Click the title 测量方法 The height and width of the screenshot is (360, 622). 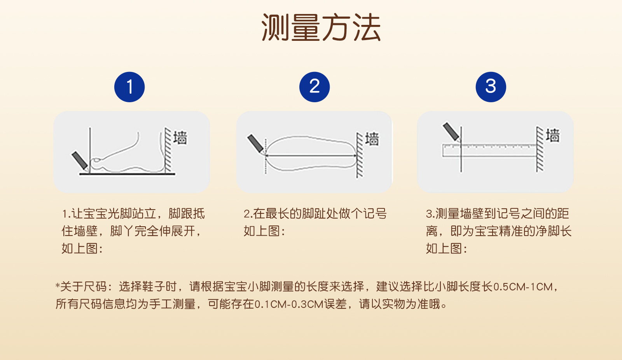pyautogui.click(x=321, y=28)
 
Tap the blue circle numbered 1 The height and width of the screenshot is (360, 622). pyautogui.click(x=129, y=87)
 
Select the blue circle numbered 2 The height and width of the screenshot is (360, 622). pyautogui.click(x=314, y=87)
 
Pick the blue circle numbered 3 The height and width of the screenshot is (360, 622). pyautogui.click(x=491, y=87)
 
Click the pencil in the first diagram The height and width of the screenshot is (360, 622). pyautogui.click(x=80, y=161)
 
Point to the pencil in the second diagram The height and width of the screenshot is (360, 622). pyautogui.click(x=256, y=144)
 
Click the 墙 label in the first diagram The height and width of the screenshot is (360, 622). pyautogui.click(x=180, y=138)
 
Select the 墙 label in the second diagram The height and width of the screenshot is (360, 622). pyautogui.click(x=372, y=139)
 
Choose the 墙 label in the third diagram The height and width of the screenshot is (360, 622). pyautogui.click(x=552, y=135)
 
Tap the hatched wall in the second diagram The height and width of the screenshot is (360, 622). pyautogui.click(x=360, y=155)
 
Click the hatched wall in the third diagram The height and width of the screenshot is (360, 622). pyautogui.click(x=540, y=149)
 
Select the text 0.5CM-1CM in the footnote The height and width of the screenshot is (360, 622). pyautogui.click(x=522, y=287)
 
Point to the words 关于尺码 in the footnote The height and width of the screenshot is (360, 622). pyautogui.click(x=83, y=287)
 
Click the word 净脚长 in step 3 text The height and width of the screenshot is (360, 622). pyautogui.click(x=553, y=231)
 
